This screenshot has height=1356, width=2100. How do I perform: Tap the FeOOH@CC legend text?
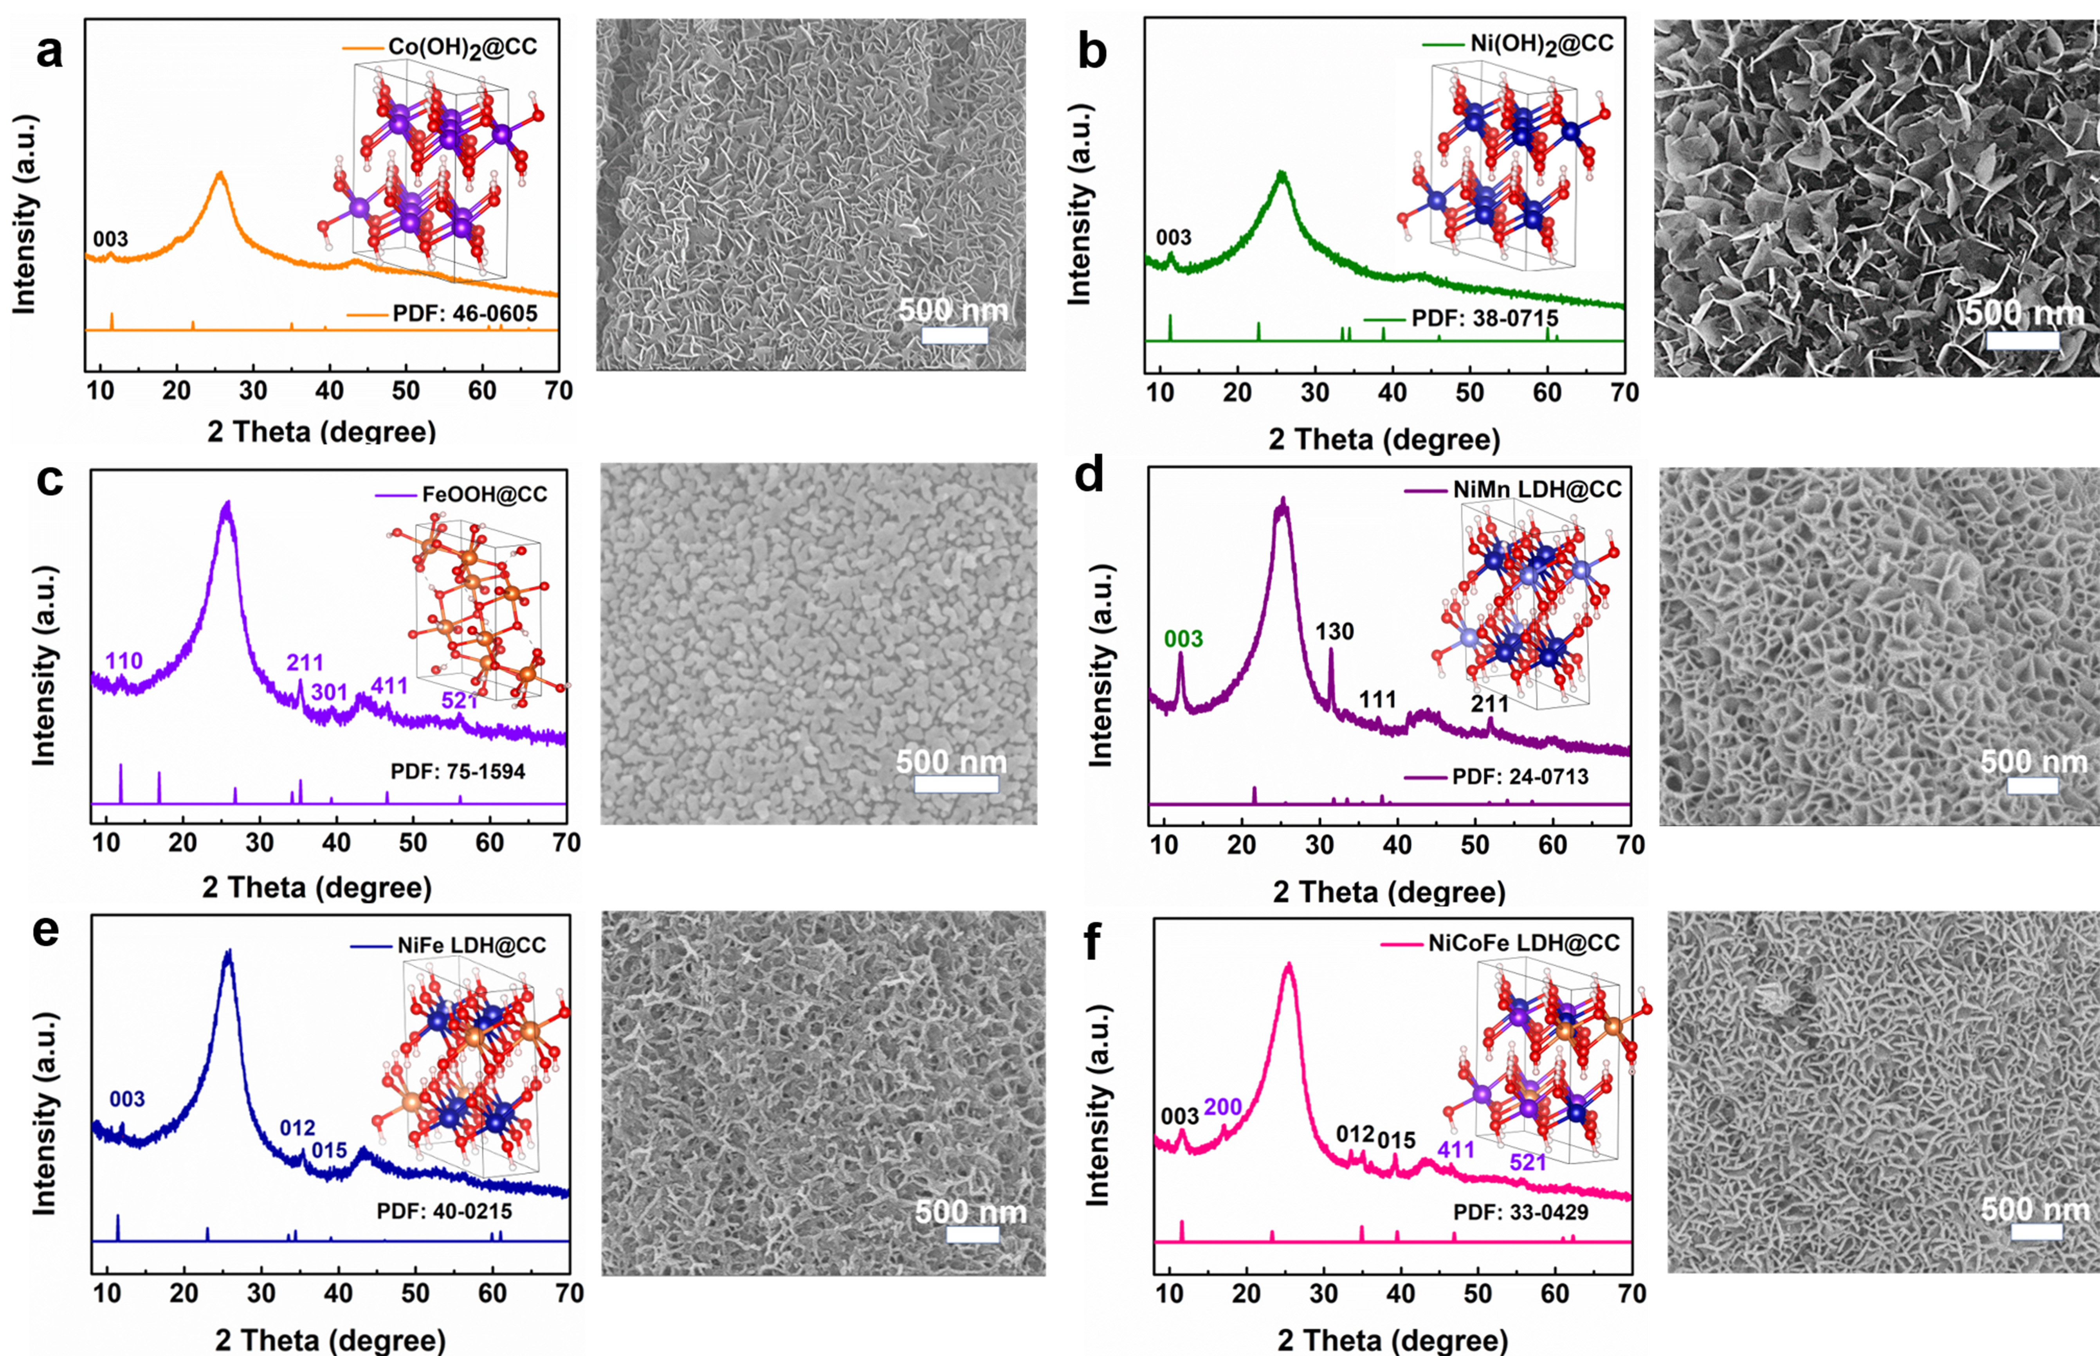[485, 494]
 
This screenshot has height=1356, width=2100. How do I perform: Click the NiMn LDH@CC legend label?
[1537, 489]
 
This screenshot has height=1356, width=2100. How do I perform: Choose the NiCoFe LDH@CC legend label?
[1524, 943]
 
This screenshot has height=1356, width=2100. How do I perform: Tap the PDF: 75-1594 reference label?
[458, 772]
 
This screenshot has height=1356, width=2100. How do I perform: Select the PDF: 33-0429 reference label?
[1521, 1212]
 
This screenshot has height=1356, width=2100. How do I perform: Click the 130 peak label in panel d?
[1334, 631]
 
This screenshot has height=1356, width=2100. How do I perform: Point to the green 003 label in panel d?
[1183, 639]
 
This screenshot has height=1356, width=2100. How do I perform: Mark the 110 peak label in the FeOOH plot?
[124, 660]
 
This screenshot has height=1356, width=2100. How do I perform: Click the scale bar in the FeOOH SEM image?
[957, 784]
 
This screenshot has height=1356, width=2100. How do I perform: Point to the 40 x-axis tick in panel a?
[330, 390]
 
